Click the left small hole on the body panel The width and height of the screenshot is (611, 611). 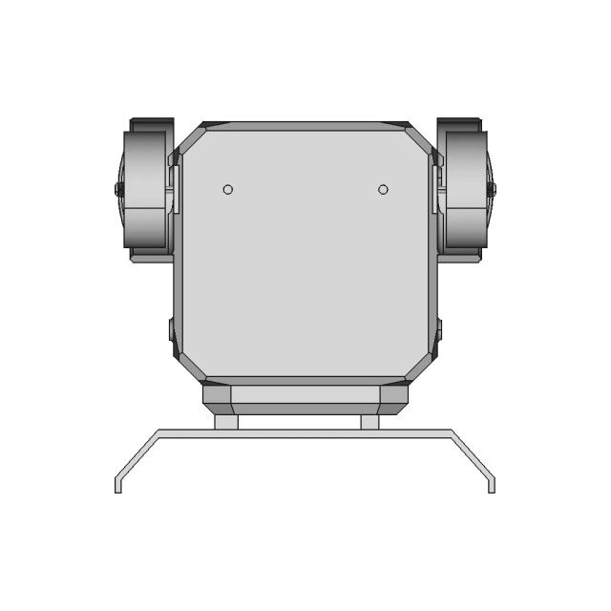[x=228, y=189]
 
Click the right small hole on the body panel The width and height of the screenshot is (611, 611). [x=383, y=189]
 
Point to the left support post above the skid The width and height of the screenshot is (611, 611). [x=225, y=421]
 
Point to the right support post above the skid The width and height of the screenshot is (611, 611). [x=370, y=421]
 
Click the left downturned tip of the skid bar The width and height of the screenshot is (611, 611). [x=117, y=485]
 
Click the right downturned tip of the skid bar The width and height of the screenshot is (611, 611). [x=492, y=485]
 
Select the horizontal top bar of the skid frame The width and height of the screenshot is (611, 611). [x=305, y=432]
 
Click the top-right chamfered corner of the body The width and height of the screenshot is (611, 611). [x=421, y=137]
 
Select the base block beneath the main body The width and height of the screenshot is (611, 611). [x=305, y=396]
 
